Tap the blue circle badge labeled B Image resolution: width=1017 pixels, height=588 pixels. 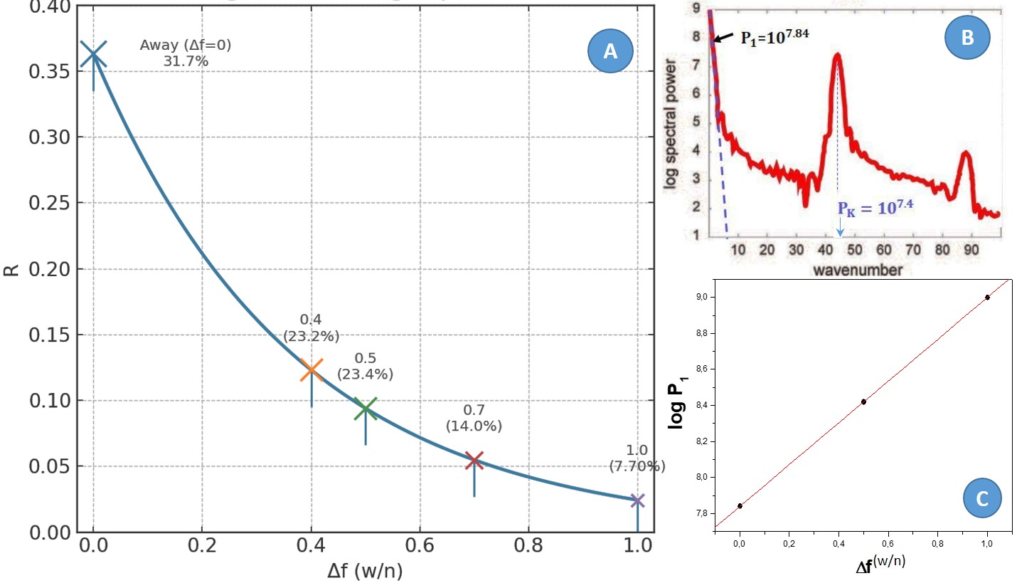click(967, 38)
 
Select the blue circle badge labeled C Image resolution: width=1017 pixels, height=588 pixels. click(982, 498)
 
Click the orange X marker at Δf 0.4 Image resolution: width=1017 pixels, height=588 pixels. click(312, 370)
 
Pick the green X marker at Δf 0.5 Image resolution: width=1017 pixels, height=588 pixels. click(366, 408)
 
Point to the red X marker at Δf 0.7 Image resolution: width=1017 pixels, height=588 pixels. click(474, 461)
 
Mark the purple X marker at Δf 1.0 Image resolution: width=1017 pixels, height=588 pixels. click(637, 501)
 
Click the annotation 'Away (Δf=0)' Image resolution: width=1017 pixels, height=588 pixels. click(186, 46)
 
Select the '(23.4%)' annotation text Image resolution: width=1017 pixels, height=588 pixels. click(365, 374)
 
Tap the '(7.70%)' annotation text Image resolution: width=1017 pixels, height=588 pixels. click(637, 466)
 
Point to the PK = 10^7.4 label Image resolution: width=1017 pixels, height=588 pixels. click(875, 209)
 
